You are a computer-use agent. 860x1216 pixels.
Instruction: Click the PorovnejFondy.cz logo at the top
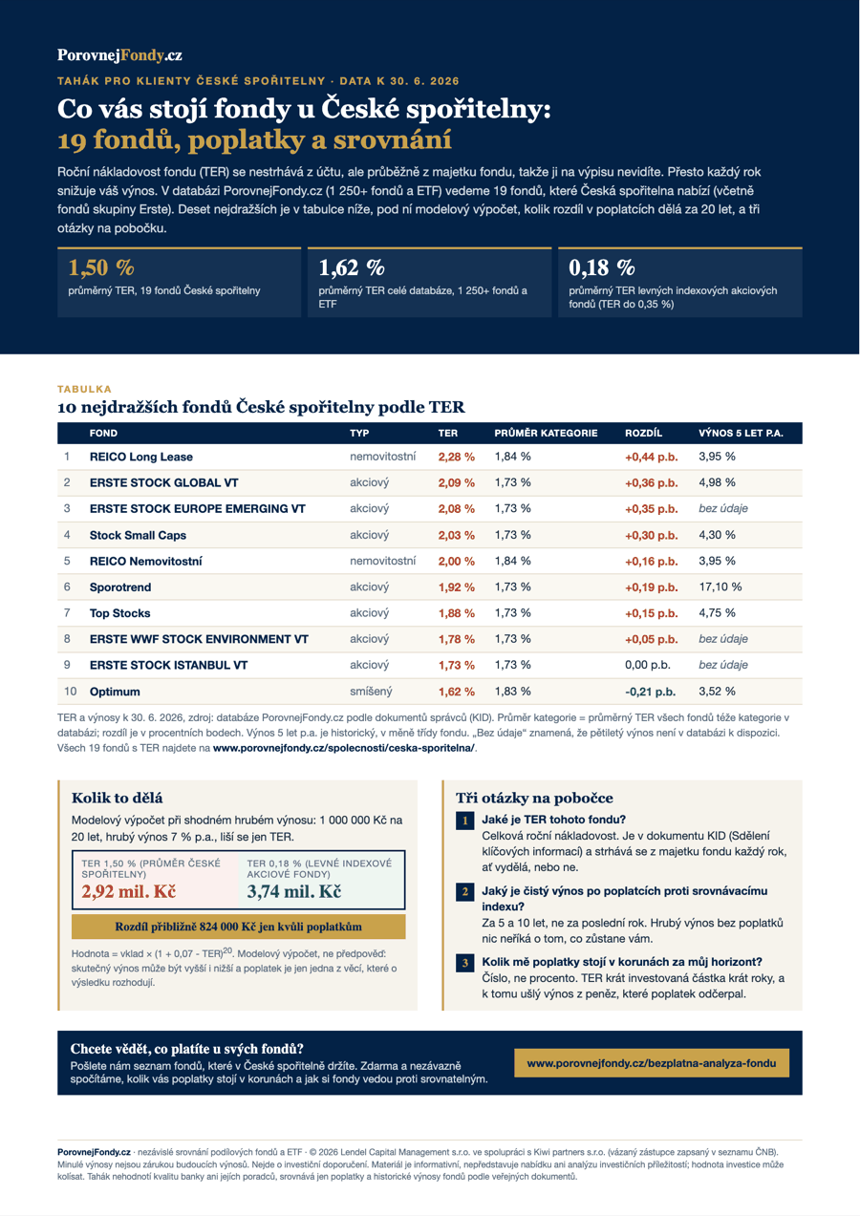tap(119, 55)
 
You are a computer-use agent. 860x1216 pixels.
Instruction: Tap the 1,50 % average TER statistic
tap(101, 267)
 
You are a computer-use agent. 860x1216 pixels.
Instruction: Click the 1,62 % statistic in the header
tap(352, 267)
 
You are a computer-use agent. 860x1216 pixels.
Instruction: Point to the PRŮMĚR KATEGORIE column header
tap(546, 434)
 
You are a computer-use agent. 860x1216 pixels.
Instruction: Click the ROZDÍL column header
tap(643, 434)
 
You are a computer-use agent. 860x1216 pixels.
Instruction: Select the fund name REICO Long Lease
tap(141, 458)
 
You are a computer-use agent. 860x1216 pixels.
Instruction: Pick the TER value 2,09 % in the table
tap(456, 483)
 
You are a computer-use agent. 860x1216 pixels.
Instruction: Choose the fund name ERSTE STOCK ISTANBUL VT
tap(168, 666)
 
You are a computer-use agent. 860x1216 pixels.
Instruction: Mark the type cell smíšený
tap(371, 692)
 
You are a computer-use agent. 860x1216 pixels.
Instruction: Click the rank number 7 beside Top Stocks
tap(67, 613)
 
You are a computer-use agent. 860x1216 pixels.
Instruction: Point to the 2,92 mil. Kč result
tap(129, 891)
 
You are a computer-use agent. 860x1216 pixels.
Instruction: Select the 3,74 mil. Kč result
tap(293, 891)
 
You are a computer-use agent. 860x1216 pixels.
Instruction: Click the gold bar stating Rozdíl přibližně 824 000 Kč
tap(238, 927)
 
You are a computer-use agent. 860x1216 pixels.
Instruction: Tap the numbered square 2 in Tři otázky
tap(464, 892)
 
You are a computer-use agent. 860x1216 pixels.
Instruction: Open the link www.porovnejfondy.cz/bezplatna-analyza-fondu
tap(652, 1063)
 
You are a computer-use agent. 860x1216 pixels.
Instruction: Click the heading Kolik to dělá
tap(117, 798)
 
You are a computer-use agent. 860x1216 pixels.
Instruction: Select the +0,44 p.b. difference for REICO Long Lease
tap(652, 458)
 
